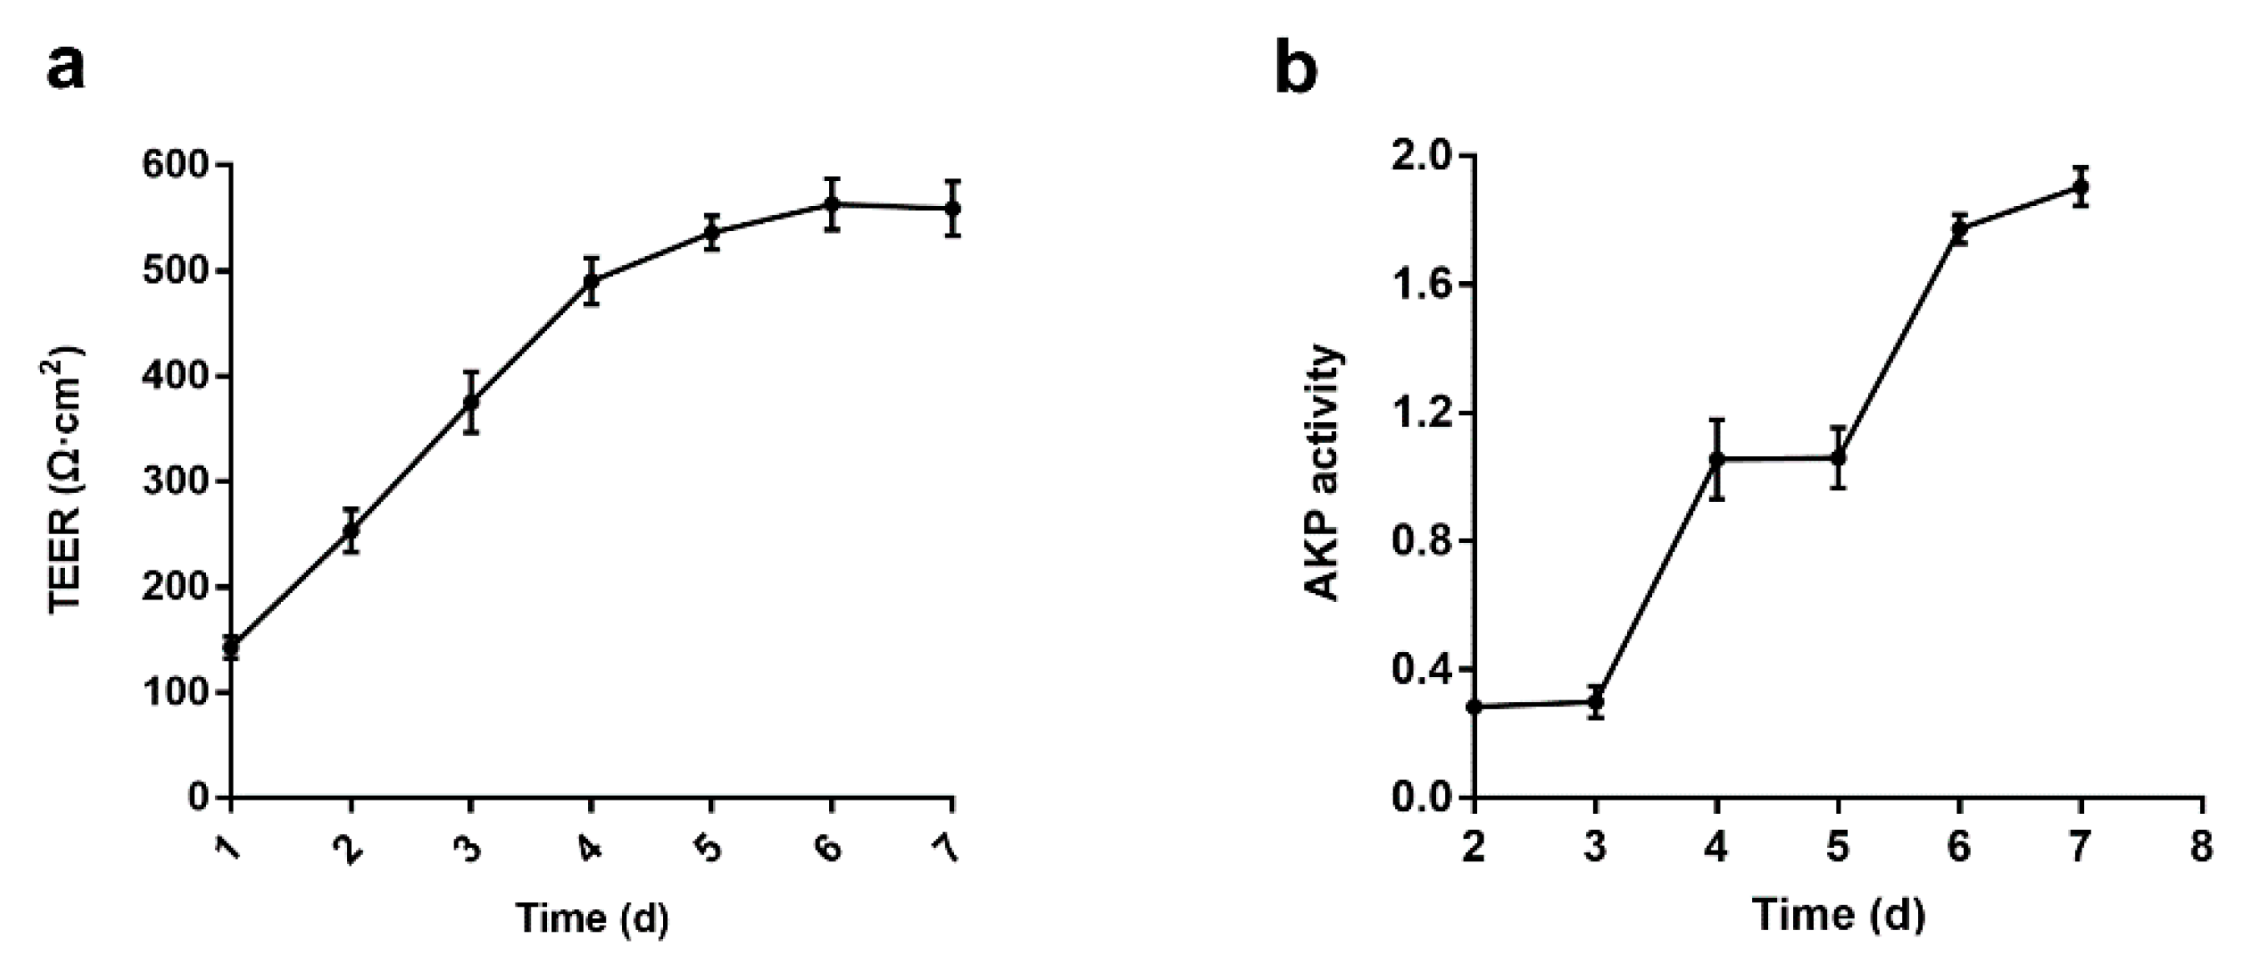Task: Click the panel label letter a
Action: (x=66, y=68)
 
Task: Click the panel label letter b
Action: (x=1295, y=67)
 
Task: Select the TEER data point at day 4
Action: (x=591, y=281)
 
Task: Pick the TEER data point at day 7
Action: (x=952, y=208)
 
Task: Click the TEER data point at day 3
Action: (x=471, y=402)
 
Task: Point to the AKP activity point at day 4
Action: (x=1717, y=459)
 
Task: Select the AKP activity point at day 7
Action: (x=2080, y=186)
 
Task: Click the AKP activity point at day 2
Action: (x=1474, y=706)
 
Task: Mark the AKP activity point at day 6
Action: (x=1959, y=229)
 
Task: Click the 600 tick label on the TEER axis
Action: (x=176, y=165)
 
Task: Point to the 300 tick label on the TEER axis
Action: (x=176, y=482)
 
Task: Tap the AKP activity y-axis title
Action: (x=1323, y=474)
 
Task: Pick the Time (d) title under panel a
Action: (x=592, y=918)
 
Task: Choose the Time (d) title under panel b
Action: (x=1839, y=915)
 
